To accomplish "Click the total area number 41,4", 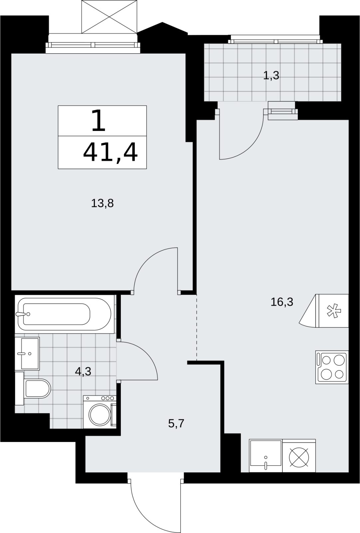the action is (x=111, y=152).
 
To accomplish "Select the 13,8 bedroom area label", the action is (x=102, y=204).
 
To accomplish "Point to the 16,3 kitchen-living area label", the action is (x=282, y=302).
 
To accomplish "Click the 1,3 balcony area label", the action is (x=271, y=76).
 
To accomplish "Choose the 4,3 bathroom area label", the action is (x=83, y=371).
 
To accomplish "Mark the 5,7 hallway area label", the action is (x=176, y=423).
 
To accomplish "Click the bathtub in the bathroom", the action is (x=64, y=314).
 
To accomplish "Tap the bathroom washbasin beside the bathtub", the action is (x=27, y=353).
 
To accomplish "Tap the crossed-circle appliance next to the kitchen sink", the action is (x=299, y=457).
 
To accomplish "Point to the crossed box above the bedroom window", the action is (x=109, y=17).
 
